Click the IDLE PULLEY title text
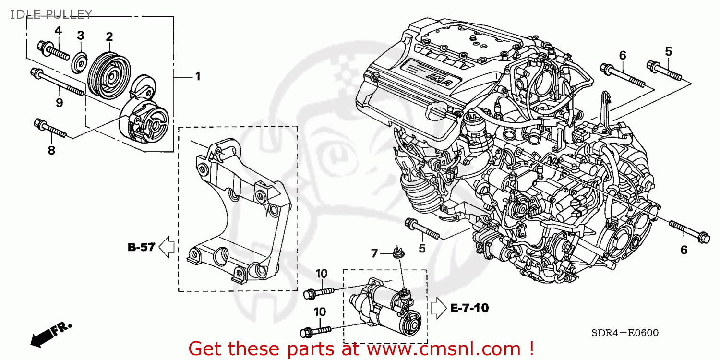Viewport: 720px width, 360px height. point(50,14)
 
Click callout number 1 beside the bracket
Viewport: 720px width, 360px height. point(197,76)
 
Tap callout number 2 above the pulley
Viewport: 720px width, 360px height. point(109,36)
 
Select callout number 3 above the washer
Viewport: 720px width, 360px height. point(81,35)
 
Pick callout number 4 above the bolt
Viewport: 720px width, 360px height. point(58,31)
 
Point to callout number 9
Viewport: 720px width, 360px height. point(60,103)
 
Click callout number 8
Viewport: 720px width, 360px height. point(51,150)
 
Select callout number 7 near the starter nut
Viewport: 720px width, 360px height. point(375,252)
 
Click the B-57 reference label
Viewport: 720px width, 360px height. point(141,248)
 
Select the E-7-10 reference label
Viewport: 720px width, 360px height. point(469,308)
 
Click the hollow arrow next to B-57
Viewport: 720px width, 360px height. point(166,247)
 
